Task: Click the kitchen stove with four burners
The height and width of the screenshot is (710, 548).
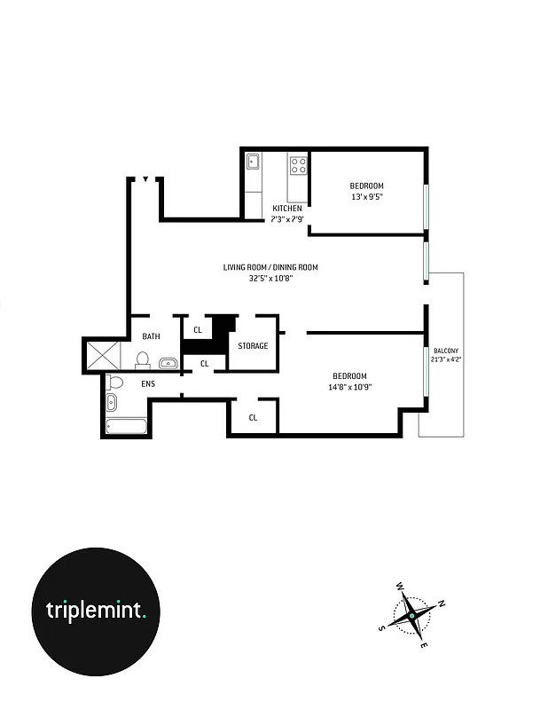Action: click(x=298, y=165)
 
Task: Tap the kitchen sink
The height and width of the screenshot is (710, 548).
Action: click(x=253, y=162)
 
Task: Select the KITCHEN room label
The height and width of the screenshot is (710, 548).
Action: click(x=286, y=209)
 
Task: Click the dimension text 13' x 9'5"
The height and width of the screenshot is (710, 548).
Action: click(x=367, y=197)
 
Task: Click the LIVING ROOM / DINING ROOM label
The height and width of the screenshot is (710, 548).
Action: click(x=270, y=267)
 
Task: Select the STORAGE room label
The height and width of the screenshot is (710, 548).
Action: click(x=253, y=346)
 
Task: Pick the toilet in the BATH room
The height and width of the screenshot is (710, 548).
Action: click(x=142, y=359)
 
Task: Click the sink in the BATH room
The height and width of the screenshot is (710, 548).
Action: click(x=167, y=362)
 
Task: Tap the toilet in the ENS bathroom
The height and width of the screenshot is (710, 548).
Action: click(x=114, y=383)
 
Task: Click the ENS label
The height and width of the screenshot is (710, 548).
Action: click(x=148, y=385)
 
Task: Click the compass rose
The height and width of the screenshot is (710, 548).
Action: click(x=411, y=613)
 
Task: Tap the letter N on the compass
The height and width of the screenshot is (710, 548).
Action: click(x=442, y=603)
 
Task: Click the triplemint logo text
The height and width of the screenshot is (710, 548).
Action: click(x=96, y=611)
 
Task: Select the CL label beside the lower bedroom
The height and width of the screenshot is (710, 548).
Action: click(x=253, y=417)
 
